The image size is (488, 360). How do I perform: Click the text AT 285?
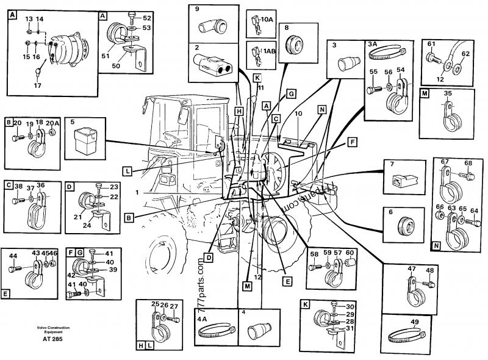pos(52,339)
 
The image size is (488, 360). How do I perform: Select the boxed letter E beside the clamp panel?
pos(5,294)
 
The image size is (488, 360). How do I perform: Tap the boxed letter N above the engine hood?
pos(323,109)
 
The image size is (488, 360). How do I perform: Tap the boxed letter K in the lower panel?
pos(305,303)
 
